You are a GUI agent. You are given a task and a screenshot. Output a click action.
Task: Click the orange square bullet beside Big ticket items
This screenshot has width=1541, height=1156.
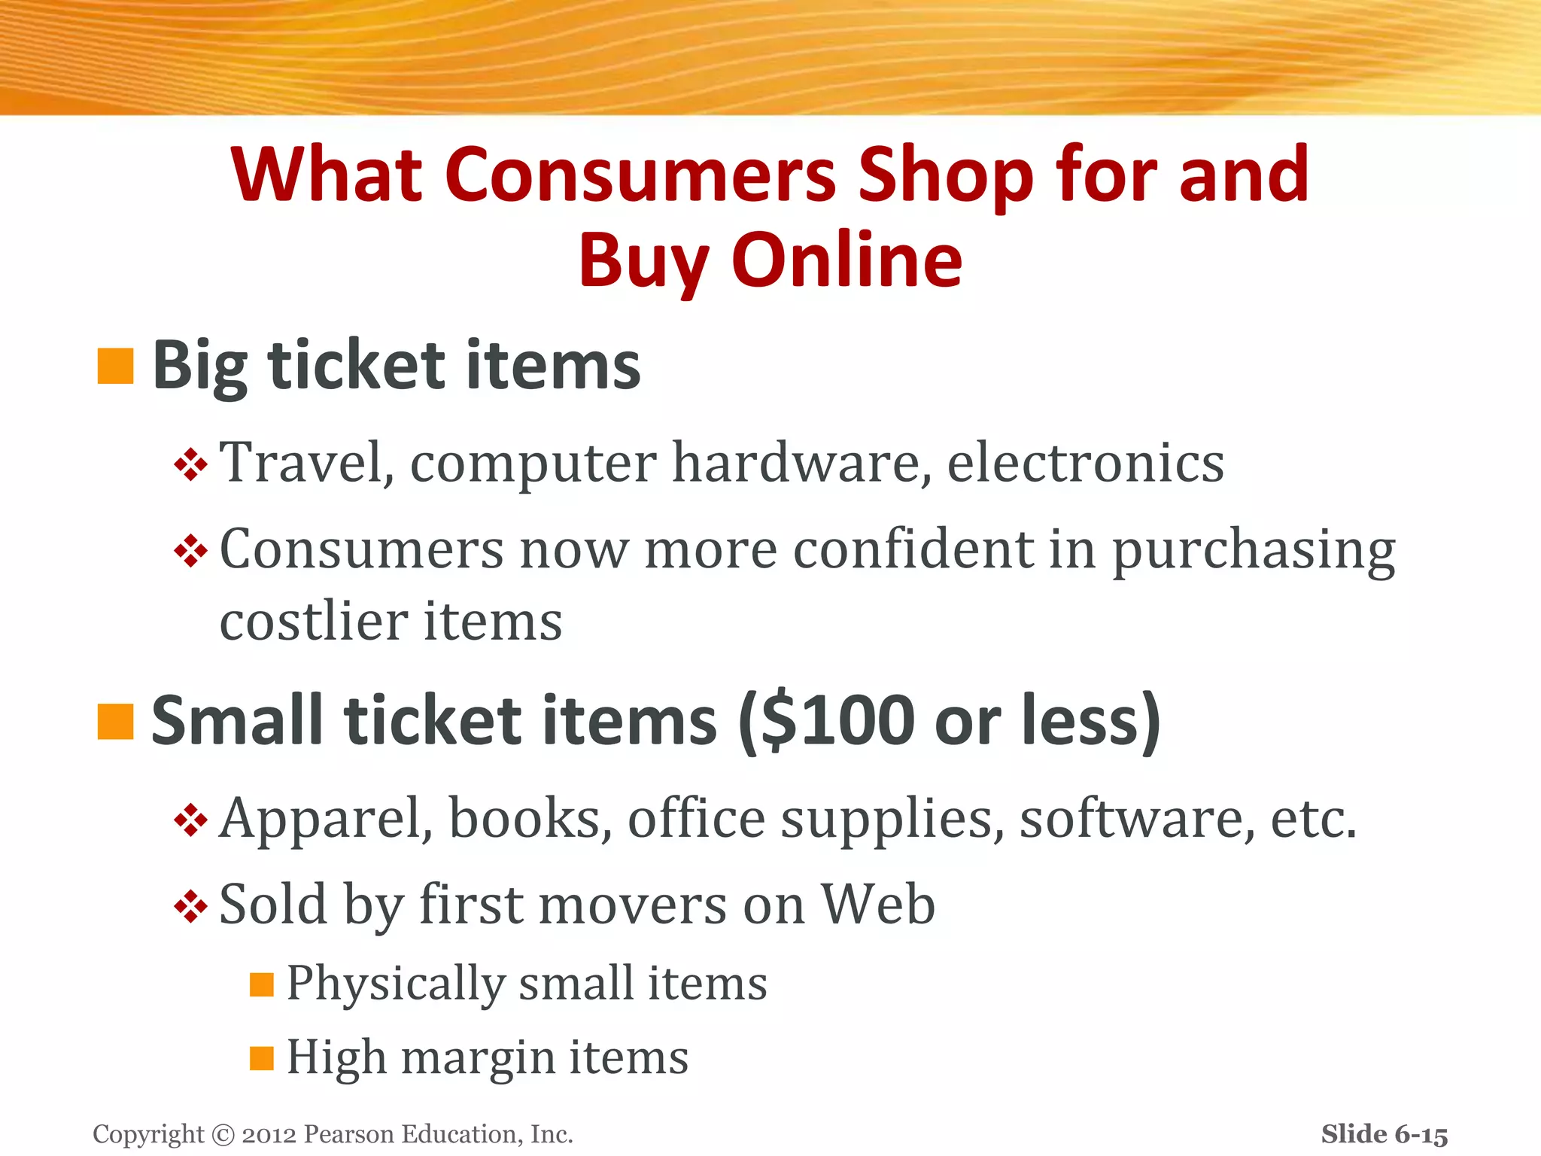115,367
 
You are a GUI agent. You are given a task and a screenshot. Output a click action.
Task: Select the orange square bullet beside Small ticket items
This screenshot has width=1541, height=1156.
115,722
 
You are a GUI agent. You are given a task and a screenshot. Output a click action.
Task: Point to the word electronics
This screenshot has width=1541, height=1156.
1085,462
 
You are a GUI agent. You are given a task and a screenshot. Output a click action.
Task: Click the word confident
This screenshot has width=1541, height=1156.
913,549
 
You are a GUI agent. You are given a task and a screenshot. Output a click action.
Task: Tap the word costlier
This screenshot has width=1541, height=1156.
314,622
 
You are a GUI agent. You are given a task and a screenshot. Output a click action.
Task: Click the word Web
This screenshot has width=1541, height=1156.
877,903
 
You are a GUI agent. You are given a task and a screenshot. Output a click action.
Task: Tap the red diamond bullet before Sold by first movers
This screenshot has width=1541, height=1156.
190,906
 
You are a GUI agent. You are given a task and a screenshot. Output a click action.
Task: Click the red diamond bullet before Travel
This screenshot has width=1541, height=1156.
190,464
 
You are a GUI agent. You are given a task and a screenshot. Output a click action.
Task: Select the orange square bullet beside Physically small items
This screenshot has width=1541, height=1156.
261,984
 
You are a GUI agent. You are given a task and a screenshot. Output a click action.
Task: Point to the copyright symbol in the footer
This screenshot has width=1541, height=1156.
223,1134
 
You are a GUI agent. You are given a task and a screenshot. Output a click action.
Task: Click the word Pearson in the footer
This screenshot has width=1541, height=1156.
349,1134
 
